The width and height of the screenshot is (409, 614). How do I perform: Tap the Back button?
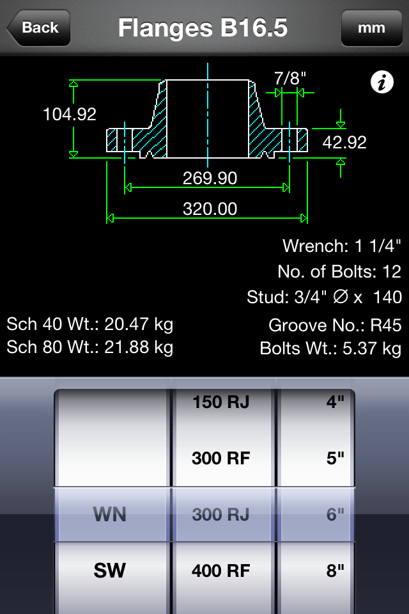click(x=38, y=28)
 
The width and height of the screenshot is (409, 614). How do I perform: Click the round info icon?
click(x=382, y=82)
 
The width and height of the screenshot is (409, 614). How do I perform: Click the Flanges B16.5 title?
click(x=203, y=28)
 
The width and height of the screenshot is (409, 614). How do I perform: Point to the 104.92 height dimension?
click(x=69, y=114)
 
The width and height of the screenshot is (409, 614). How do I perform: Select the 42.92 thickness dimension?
click(x=344, y=142)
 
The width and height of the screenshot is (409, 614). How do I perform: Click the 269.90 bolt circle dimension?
click(x=210, y=178)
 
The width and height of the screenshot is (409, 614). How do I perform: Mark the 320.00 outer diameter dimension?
click(x=210, y=209)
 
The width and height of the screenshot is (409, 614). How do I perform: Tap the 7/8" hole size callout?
click(x=290, y=78)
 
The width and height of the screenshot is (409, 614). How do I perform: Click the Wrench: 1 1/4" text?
click(x=342, y=246)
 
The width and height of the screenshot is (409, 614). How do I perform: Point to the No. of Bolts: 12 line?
click(x=339, y=271)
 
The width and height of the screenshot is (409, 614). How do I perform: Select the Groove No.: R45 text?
click(x=335, y=325)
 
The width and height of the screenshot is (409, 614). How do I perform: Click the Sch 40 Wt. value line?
click(x=90, y=324)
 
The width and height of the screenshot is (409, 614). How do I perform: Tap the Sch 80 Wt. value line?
click(x=90, y=347)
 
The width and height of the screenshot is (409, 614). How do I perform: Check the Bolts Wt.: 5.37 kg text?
click(x=330, y=349)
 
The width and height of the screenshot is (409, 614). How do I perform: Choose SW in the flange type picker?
click(x=110, y=571)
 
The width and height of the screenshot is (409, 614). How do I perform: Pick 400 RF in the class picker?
click(x=221, y=571)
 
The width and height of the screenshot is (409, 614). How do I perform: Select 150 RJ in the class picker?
click(x=221, y=402)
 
